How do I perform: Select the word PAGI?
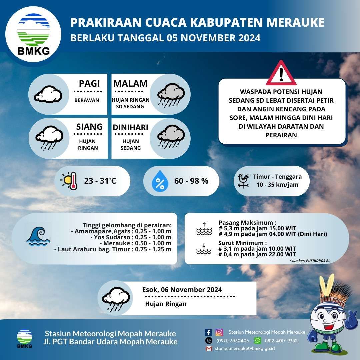[89, 83]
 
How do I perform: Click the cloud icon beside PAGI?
[48, 94]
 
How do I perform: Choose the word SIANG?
[89, 127]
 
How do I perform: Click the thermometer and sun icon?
[69, 181]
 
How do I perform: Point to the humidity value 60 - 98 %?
[191, 181]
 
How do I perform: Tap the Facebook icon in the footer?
[208, 332]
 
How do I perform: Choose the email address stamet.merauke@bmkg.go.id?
[245, 349]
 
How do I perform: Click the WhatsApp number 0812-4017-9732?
[281, 341]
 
